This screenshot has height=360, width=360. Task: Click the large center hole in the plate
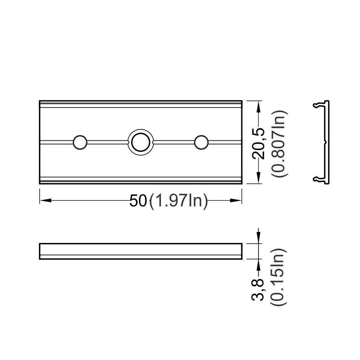click(141, 142)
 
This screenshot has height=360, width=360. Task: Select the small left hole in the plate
click(80, 142)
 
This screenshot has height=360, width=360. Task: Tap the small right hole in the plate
click(201, 142)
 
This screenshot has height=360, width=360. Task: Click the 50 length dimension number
click(138, 201)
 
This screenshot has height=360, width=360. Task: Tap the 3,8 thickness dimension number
click(259, 289)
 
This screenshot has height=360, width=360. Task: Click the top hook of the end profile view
click(317, 104)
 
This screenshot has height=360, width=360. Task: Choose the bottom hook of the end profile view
click(317, 180)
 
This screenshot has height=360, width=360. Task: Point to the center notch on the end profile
click(326, 142)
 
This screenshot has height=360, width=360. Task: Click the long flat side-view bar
click(141, 251)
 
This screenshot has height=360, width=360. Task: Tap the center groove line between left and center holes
click(107, 142)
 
